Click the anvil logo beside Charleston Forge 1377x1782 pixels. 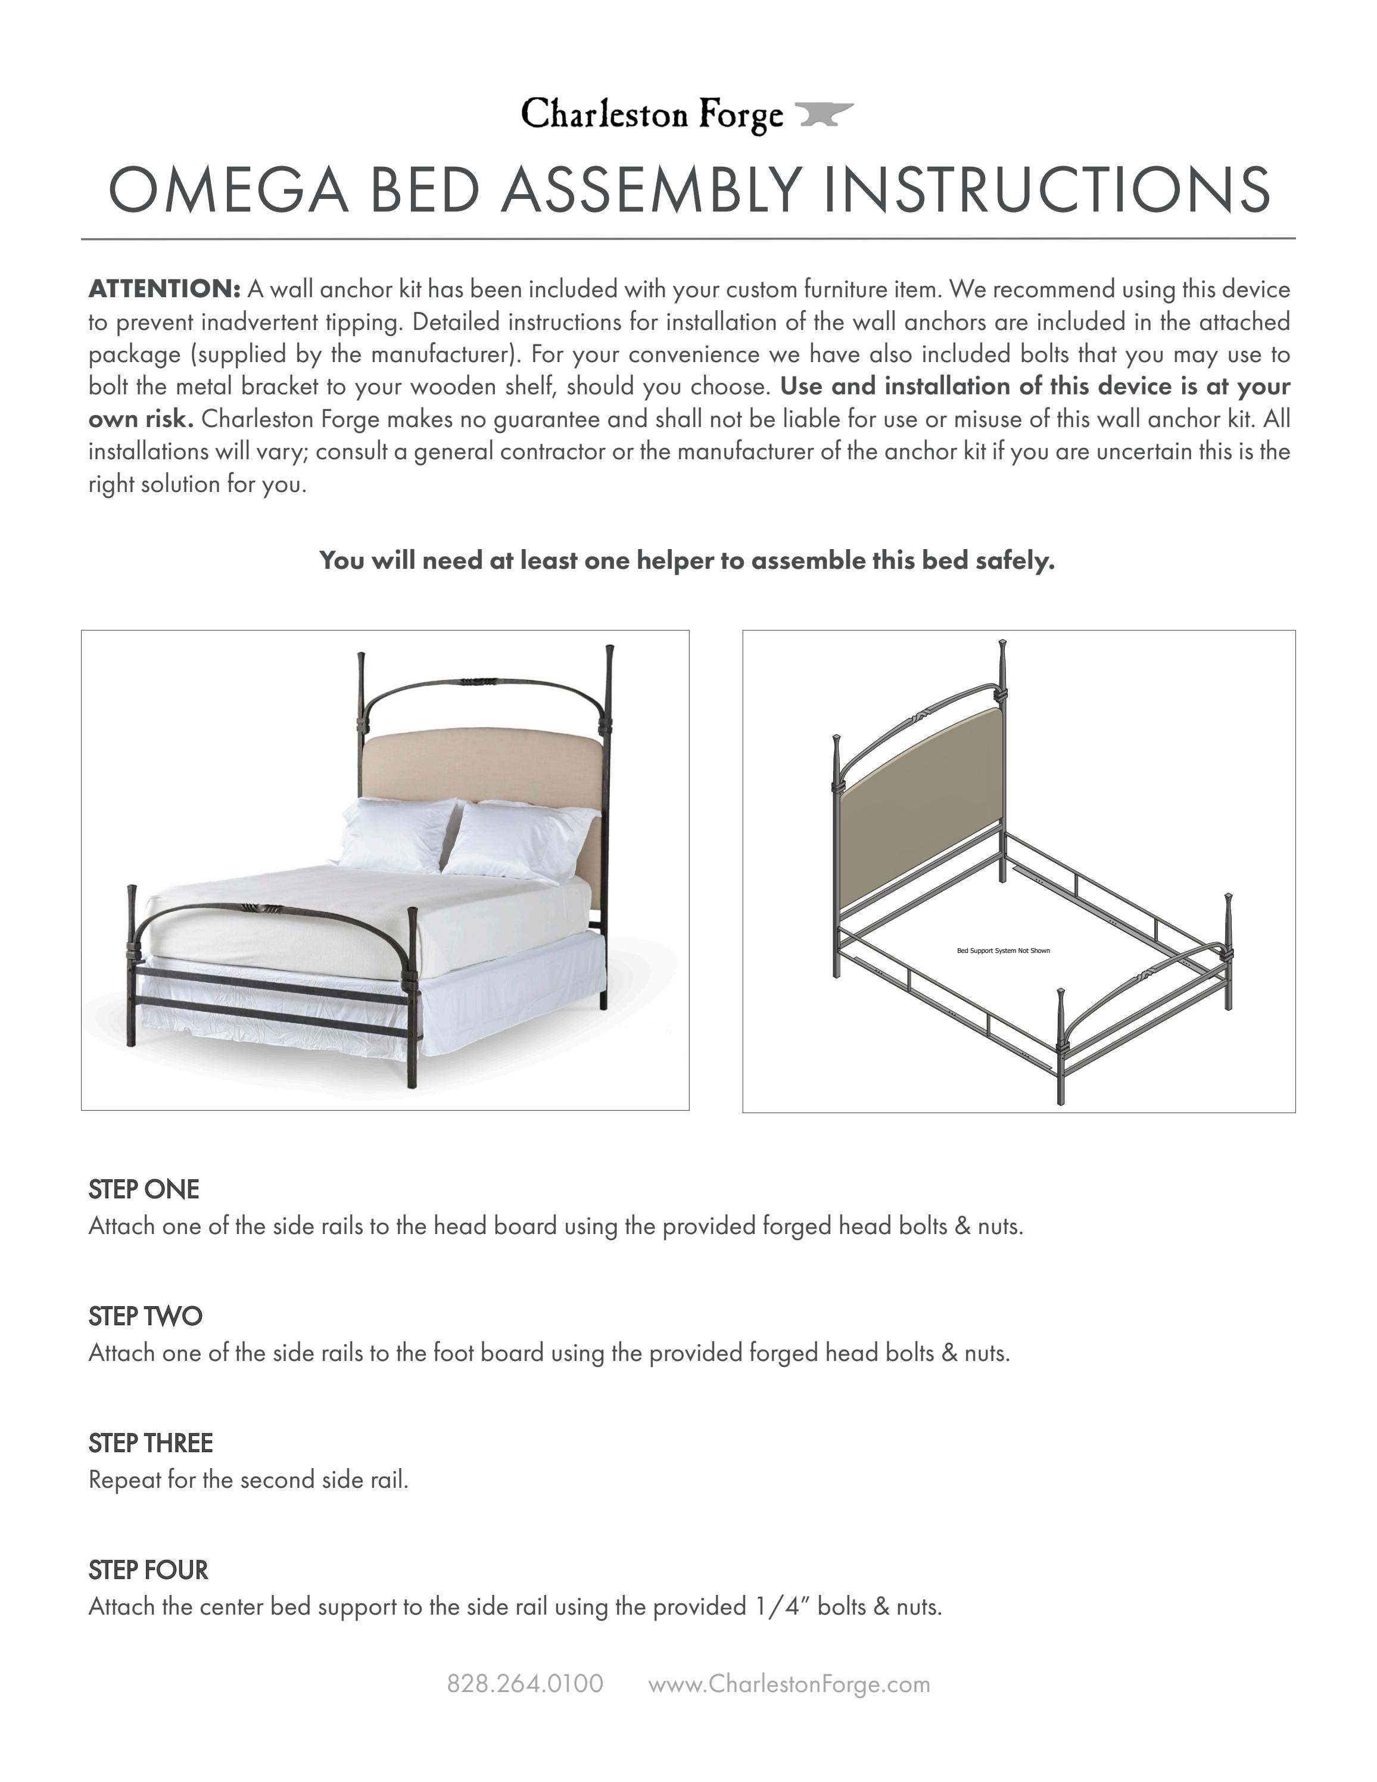[x=824, y=114]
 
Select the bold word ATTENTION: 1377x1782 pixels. [x=164, y=289]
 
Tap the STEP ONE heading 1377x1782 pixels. [x=144, y=1189]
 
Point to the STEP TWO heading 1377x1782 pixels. [x=145, y=1316]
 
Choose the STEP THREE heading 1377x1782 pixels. [x=150, y=1443]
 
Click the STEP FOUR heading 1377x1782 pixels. [x=148, y=1570]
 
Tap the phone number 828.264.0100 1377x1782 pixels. [x=525, y=1684]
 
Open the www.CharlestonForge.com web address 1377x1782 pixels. [x=789, y=1684]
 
